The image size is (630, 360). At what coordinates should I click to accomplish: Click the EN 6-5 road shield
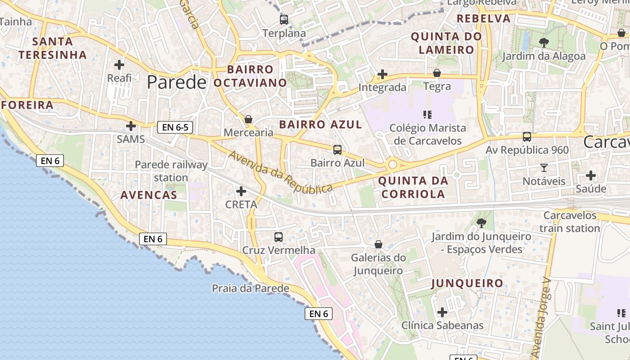[175, 127]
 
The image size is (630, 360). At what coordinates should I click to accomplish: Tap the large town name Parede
[176, 82]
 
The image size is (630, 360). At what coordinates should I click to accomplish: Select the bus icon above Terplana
[284, 20]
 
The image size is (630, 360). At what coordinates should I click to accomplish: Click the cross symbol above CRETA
[241, 191]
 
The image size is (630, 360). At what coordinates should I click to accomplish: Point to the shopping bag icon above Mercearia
[248, 119]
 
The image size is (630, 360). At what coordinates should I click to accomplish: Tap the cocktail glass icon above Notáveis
[544, 168]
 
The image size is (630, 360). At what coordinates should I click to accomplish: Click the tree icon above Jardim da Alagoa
[544, 43]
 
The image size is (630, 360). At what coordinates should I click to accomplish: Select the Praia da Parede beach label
[251, 288]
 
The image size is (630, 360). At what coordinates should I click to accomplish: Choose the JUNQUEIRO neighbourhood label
[467, 283]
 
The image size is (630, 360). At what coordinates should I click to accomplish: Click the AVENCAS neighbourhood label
[149, 195]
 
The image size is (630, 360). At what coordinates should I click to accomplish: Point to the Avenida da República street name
[281, 172]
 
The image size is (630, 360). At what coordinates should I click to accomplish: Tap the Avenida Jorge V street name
[541, 315]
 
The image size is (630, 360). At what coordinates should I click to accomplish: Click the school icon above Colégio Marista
[427, 115]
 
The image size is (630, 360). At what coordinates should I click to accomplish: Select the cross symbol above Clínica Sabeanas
[442, 312]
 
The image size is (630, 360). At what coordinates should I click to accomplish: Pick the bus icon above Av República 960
[527, 136]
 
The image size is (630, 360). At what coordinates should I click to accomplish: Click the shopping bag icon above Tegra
[437, 73]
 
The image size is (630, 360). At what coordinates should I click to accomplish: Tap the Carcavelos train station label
[570, 221]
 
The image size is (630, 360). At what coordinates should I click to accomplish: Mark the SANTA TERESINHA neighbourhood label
[53, 48]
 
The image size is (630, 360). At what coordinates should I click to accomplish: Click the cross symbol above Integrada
[382, 74]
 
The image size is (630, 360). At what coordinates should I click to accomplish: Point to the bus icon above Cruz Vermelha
[279, 237]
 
